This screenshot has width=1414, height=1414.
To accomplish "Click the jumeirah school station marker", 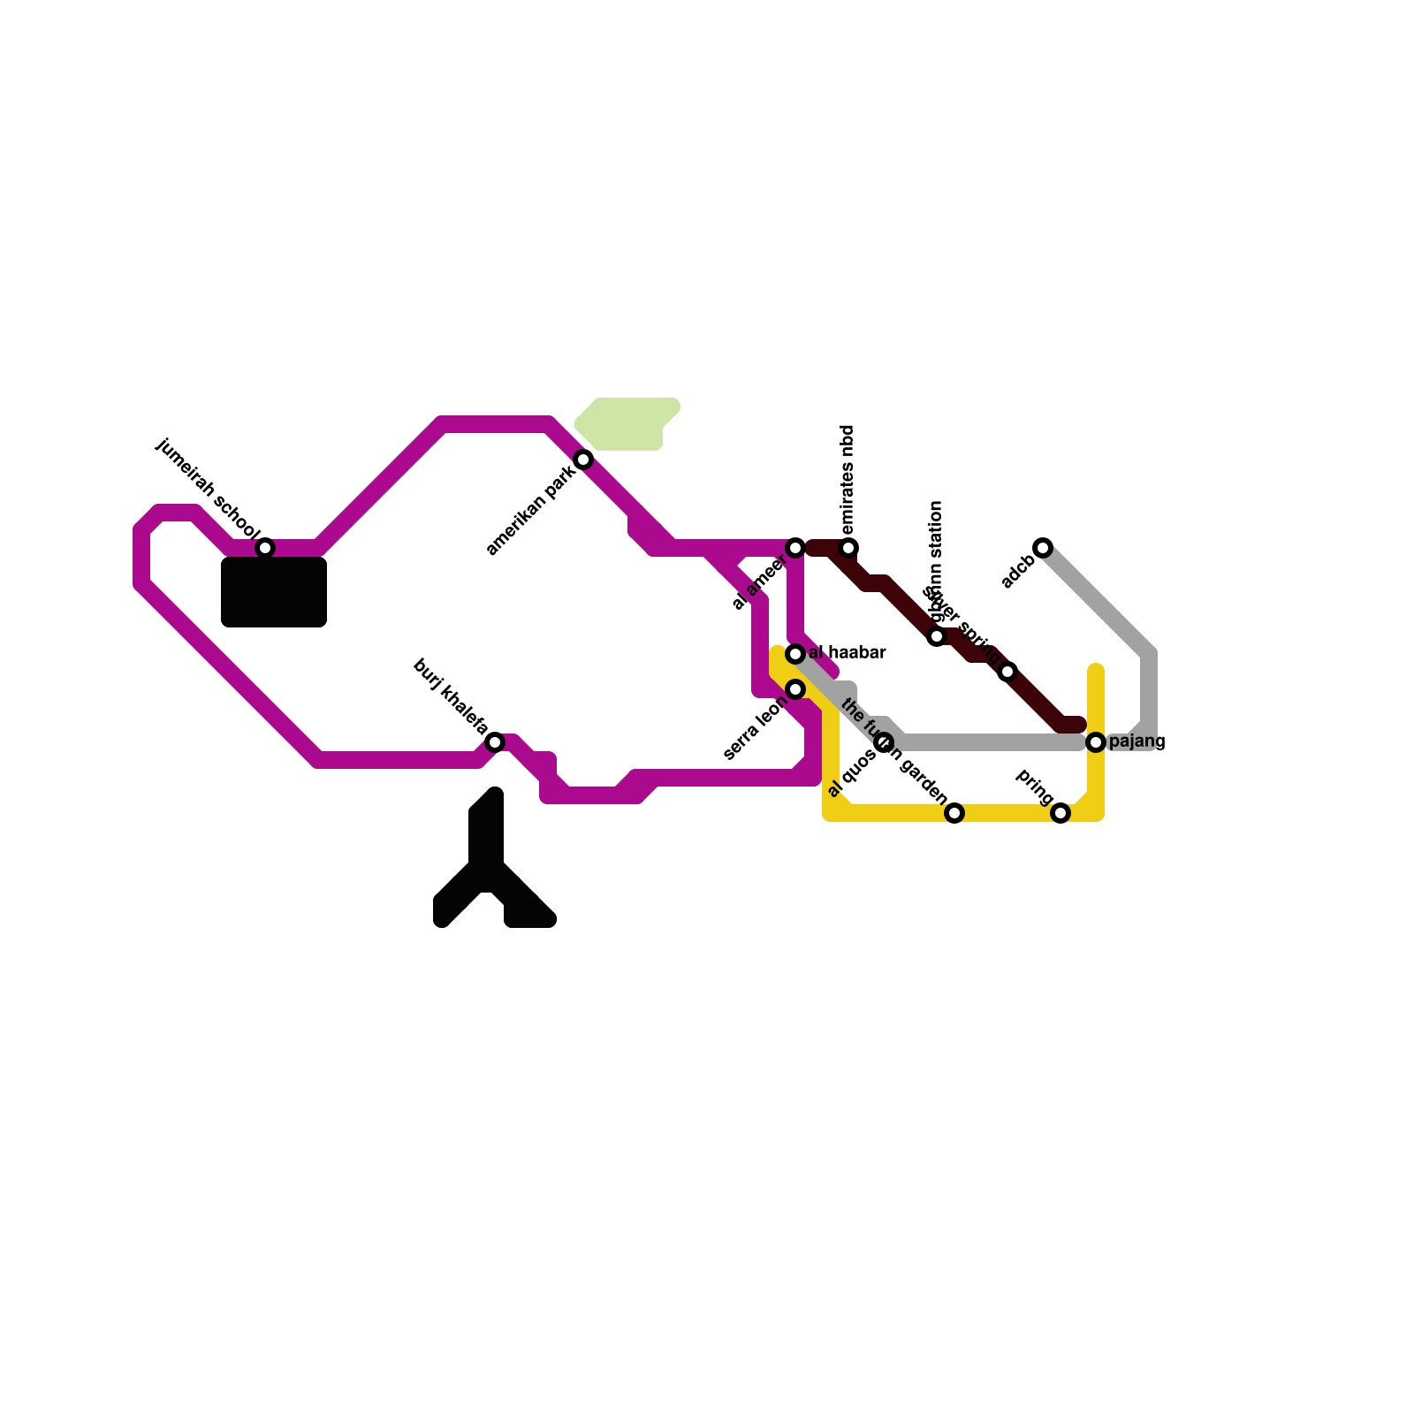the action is pyautogui.click(x=265, y=548).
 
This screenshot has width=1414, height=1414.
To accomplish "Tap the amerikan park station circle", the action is pyautogui.click(x=583, y=460).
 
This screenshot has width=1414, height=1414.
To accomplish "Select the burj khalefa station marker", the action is pyautogui.click(x=495, y=742).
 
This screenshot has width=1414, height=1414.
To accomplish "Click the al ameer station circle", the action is pyautogui.click(x=795, y=548).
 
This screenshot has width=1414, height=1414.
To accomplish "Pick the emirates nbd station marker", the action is pyautogui.click(x=848, y=548).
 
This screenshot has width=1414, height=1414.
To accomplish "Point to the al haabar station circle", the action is pyautogui.click(x=795, y=654).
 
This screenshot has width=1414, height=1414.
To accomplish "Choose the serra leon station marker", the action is pyautogui.click(x=795, y=689).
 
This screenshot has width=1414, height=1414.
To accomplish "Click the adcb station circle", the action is pyautogui.click(x=1043, y=548).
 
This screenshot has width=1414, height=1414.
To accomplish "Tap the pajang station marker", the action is pyautogui.click(x=1096, y=742).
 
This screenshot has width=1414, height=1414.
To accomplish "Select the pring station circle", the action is pyautogui.click(x=1060, y=813).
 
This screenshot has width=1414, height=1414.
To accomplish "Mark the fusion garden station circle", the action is pyautogui.click(x=954, y=813).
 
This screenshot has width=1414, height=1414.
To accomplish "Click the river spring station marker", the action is pyautogui.click(x=1007, y=672).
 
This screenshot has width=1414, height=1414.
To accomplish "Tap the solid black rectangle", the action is pyautogui.click(x=274, y=592).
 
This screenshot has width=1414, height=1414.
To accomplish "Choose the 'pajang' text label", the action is pyautogui.click(x=1137, y=741).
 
